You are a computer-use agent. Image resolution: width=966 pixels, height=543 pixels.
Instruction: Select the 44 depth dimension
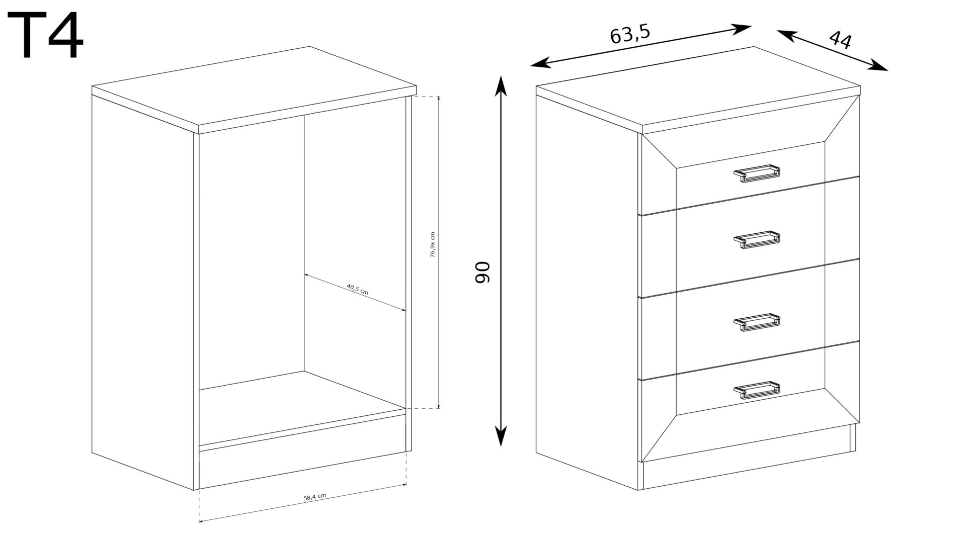(840, 40)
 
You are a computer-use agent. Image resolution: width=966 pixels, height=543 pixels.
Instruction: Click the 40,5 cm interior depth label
(357, 289)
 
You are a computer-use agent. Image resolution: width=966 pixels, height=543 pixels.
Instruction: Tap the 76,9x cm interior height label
(432, 245)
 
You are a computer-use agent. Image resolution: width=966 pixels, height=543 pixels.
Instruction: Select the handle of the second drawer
(757, 239)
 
